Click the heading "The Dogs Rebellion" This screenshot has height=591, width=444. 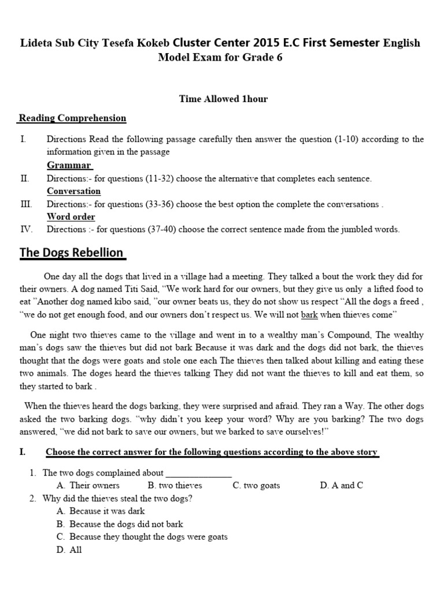point(72,253)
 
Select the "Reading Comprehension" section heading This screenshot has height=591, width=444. point(72,118)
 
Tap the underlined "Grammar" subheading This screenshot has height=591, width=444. point(69,166)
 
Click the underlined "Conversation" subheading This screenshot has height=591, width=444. point(73,191)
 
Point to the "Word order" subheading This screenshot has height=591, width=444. point(71,216)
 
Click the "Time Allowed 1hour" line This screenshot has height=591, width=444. point(223,99)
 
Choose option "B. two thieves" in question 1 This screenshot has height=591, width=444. point(175,485)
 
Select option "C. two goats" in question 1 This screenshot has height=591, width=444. point(256,485)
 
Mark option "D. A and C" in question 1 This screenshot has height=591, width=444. point(341,485)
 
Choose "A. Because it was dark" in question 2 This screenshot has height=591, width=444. point(101,511)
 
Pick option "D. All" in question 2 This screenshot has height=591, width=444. point(69,550)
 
